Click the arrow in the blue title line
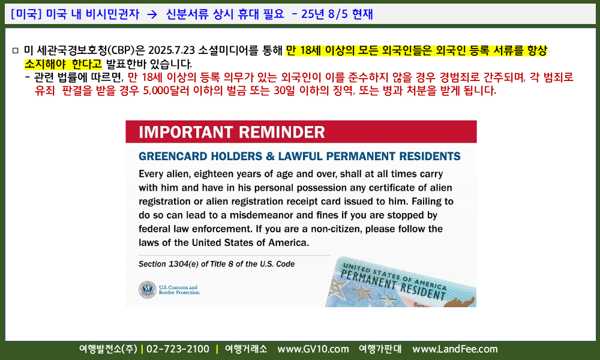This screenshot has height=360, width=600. (x=152, y=14)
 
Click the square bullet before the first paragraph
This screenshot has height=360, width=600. (x=16, y=50)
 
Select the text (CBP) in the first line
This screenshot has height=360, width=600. (x=121, y=50)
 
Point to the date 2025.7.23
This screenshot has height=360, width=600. (x=172, y=50)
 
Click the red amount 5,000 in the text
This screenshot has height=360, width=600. (x=156, y=91)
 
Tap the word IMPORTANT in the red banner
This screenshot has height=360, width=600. (x=186, y=132)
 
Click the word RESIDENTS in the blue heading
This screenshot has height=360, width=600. (x=430, y=156)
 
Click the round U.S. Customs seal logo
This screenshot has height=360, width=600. (x=148, y=290)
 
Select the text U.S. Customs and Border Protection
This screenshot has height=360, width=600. (x=179, y=290)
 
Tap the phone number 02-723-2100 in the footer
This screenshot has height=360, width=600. (x=178, y=349)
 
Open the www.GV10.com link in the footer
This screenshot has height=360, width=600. (x=313, y=349)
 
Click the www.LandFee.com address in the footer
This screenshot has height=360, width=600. (x=455, y=349)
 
